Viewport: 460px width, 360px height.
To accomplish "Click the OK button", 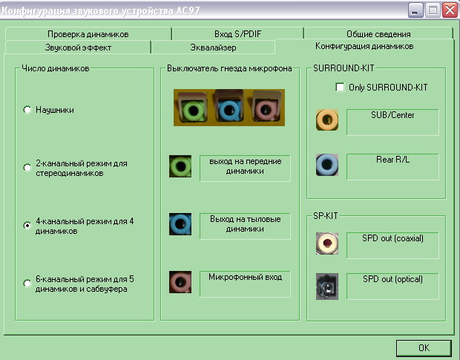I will point(424,347).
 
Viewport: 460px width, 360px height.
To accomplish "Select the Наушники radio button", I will point(27,110).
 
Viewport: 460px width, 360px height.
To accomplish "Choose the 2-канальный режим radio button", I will point(27,168).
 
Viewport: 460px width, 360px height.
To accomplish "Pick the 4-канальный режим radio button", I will point(27,225).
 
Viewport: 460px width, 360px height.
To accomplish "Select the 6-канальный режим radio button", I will point(27,283).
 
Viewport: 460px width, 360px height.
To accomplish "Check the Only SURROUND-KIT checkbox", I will point(341,87).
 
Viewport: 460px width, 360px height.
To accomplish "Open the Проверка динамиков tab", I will point(88,34).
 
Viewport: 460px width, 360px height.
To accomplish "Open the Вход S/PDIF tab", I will point(237,34).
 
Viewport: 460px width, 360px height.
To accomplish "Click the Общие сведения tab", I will point(378,34).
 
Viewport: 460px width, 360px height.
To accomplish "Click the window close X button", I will point(448,10).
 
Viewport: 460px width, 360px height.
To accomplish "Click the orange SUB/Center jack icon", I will point(327,120).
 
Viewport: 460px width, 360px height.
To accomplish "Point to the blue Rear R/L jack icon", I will point(327,164).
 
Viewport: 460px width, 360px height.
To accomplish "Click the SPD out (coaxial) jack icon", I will point(327,243).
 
